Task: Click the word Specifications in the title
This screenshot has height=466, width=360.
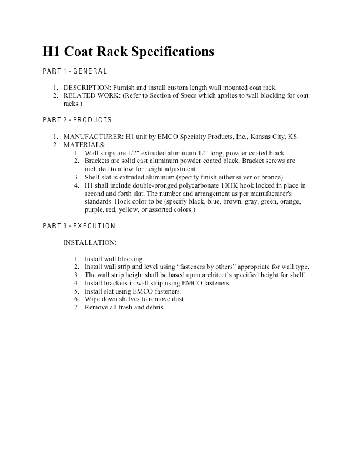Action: click(x=171, y=52)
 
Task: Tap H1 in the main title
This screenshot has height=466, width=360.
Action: click(x=52, y=52)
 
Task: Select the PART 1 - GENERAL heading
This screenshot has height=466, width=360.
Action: click(x=75, y=71)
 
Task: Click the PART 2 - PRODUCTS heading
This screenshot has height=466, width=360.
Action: click(x=77, y=120)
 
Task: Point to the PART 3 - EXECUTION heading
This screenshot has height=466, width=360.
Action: click(x=79, y=226)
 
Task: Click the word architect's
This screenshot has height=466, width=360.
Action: click(x=222, y=275)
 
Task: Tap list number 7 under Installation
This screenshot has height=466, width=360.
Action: click(x=76, y=308)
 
